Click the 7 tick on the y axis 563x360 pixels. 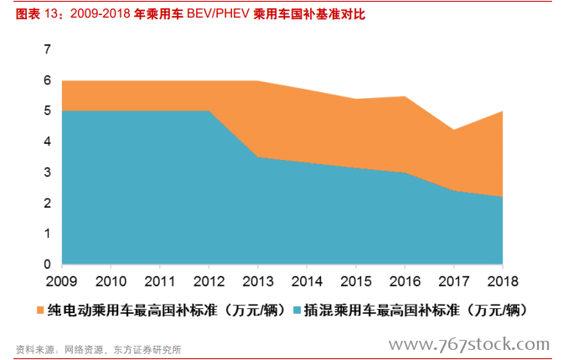48,49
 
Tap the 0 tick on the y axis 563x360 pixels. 48,265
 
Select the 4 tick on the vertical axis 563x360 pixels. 48,141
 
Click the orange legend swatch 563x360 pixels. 40,311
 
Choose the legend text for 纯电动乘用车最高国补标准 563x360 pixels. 159,311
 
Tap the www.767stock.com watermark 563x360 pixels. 469,344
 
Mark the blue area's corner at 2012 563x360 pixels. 209,111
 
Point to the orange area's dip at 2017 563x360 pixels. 453,130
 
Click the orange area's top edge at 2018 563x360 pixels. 502,111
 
